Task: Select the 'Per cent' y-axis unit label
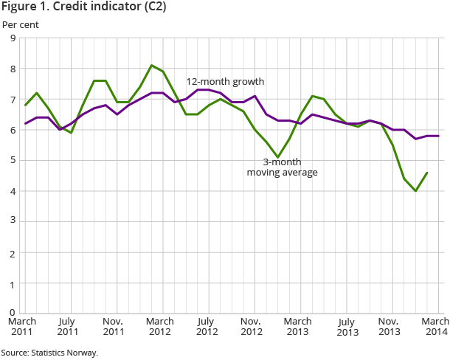21,24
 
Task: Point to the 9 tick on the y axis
13,38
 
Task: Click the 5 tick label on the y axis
13,160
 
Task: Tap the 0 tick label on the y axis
13,313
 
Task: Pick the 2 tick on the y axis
13,252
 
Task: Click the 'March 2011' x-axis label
23,327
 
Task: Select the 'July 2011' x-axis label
68,327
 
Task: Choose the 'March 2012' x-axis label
159,327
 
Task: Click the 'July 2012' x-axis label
206,327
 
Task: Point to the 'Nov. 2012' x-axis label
252,327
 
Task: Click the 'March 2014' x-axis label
435,327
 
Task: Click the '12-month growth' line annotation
225,81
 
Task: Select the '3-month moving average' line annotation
283,167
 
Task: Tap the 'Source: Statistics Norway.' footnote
49,353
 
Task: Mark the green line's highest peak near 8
151,66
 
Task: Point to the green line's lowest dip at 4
416,191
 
